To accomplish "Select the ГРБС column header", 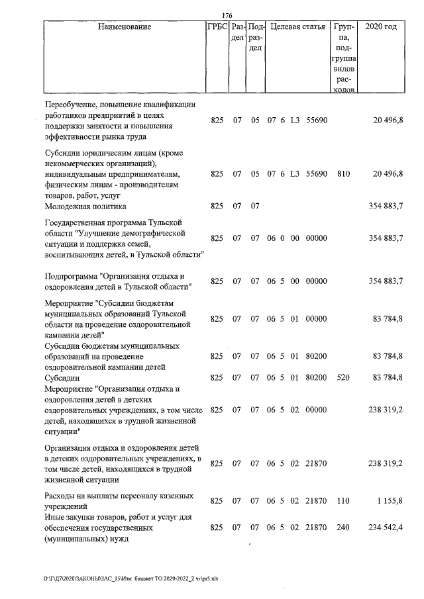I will [x=217, y=28].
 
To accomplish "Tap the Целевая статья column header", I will [x=298, y=28].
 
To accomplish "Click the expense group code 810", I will [x=343, y=174].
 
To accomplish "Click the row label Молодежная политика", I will [x=84, y=206].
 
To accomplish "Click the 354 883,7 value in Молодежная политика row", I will [x=386, y=206].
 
